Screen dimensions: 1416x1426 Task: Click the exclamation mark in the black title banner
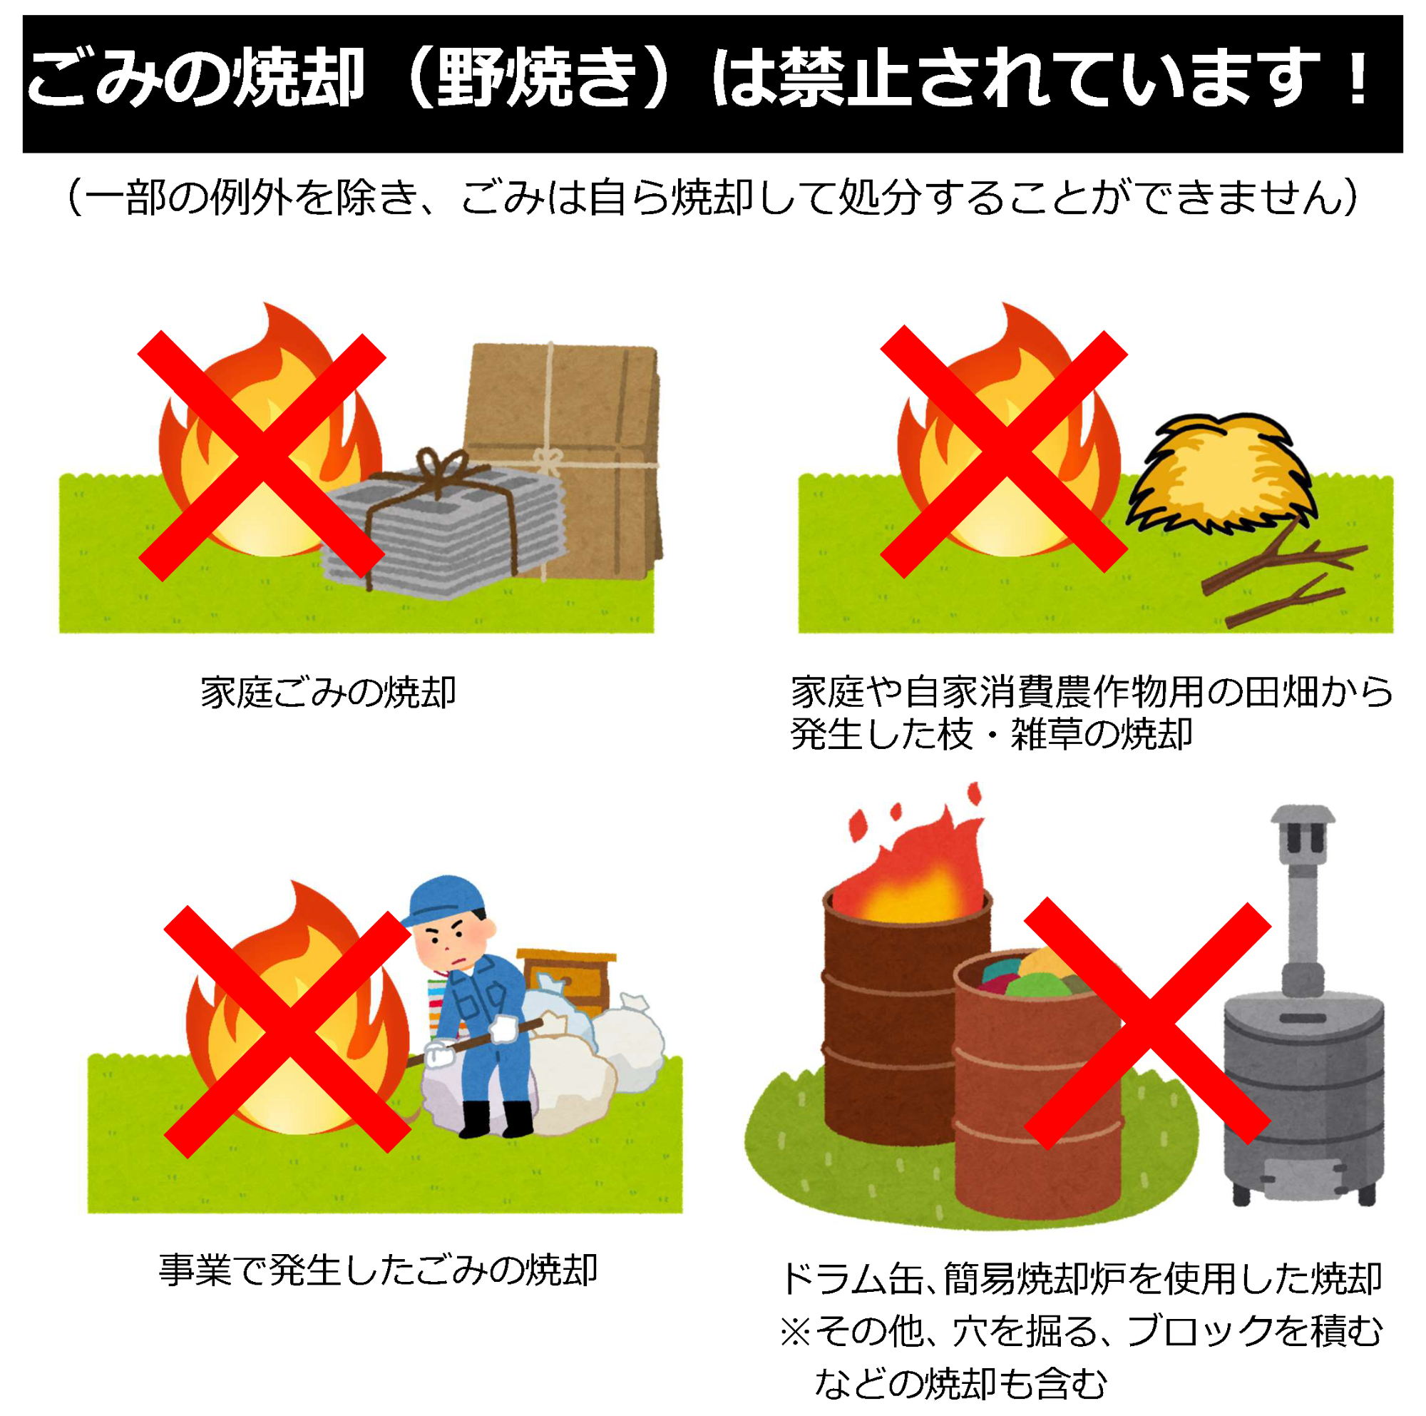(x=1357, y=78)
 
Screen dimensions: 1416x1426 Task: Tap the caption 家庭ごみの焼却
(x=328, y=692)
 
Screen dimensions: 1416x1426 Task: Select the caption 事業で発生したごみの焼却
(x=377, y=1270)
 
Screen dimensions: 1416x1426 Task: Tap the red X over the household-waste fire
(x=262, y=454)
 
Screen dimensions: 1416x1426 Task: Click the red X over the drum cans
(x=1148, y=1022)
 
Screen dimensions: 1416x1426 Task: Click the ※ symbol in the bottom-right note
(x=796, y=1332)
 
